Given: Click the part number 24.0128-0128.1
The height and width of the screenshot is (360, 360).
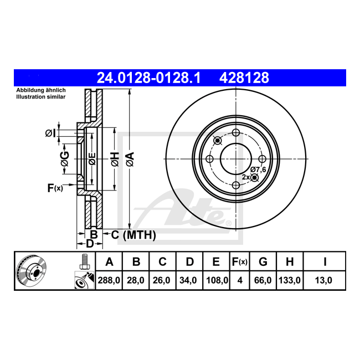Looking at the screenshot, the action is (x=149, y=78).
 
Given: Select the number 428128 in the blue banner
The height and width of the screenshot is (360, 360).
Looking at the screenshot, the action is (x=244, y=78).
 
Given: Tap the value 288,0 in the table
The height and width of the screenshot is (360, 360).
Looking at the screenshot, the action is (x=109, y=280).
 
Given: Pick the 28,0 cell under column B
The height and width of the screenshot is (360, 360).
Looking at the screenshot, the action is (x=136, y=280).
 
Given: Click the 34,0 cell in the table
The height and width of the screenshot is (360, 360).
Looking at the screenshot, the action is (x=188, y=280).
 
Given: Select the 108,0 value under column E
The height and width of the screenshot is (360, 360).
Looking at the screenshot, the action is (x=217, y=280).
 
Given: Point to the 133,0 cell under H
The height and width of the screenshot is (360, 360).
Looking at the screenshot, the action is (x=290, y=280).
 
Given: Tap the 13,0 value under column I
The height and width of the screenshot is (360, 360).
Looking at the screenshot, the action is (x=323, y=280).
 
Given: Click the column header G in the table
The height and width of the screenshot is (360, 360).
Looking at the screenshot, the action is (x=263, y=261).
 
